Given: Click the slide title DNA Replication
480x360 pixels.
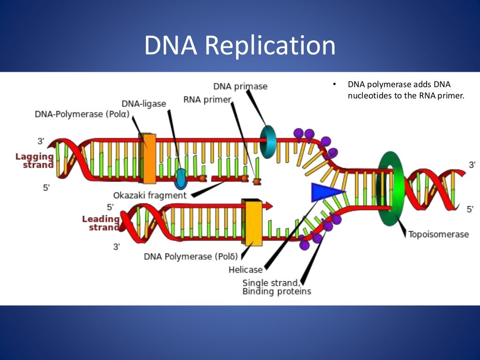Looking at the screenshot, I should pos(240,46).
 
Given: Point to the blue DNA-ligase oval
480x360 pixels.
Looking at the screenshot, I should pos(181,177).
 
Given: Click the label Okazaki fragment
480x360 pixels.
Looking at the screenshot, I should pos(150,195).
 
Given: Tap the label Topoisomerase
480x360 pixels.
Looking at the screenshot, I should pos(438,234).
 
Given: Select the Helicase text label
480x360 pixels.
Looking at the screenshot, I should pos(246,270).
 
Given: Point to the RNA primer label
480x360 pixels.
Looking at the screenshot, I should pos(207,100).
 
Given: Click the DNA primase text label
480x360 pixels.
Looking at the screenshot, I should pos(240,86).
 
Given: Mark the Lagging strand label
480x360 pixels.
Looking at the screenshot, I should pos(35,160).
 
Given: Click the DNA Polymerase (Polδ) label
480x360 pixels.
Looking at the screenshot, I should pos(191,256).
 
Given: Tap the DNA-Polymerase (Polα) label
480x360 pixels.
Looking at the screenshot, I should pos(82,114).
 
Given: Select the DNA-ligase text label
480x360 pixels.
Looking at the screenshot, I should pos(143,104).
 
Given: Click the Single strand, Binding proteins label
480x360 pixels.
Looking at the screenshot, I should pos(277,287).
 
